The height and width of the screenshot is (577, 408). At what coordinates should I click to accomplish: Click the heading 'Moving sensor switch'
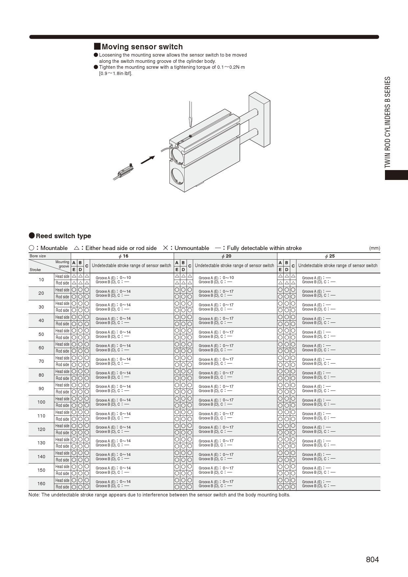pyautogui.click(x=142, y=47)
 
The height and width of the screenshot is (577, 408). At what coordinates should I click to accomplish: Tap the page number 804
pyautogui.click(x=372, y=560)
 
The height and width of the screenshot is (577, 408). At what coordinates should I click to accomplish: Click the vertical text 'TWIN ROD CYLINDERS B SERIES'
pyautogui.click(x=388, y=122)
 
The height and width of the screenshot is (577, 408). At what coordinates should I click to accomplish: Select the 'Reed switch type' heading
pyautogui.click(x=63, y=236)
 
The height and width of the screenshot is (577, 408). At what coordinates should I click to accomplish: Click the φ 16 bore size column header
pyautogui.click(x=123, y=256)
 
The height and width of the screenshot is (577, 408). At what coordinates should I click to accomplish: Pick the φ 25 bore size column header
pyautogui.click(x=330, y=256)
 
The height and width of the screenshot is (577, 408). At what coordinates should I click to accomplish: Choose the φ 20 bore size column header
pyautogui.click(x=226, y=256)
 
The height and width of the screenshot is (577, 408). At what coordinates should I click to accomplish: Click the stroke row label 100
pyautogui.click(x=41, y=402)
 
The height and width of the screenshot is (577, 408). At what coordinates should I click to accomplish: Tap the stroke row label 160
pyautogui.click(x=41, y=484)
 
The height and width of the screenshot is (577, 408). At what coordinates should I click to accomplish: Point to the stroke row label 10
pyautogui.click(x=41, y=280)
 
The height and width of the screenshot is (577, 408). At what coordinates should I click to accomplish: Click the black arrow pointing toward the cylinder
pyautogui.click(x=148, y=160)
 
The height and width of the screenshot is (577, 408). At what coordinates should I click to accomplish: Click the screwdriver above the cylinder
pyautogui.click(x=190, y=114)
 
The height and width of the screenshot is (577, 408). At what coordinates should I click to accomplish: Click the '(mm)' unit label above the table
pyautogui.click(x=374, y=248)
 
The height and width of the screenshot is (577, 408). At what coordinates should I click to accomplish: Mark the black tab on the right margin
pyautogui.click(x=396, y=175)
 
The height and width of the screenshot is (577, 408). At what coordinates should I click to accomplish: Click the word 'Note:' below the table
pyautogui.click(x=34, y=495)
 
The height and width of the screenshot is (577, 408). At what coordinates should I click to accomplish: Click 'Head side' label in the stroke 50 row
pyautogui.click(x=62, y=331)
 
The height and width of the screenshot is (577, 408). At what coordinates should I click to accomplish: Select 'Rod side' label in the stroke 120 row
pyautogui.click(x=62, y=433)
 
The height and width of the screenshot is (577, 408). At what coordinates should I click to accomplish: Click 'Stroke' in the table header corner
pyautogui.click(x=35, y=270)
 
